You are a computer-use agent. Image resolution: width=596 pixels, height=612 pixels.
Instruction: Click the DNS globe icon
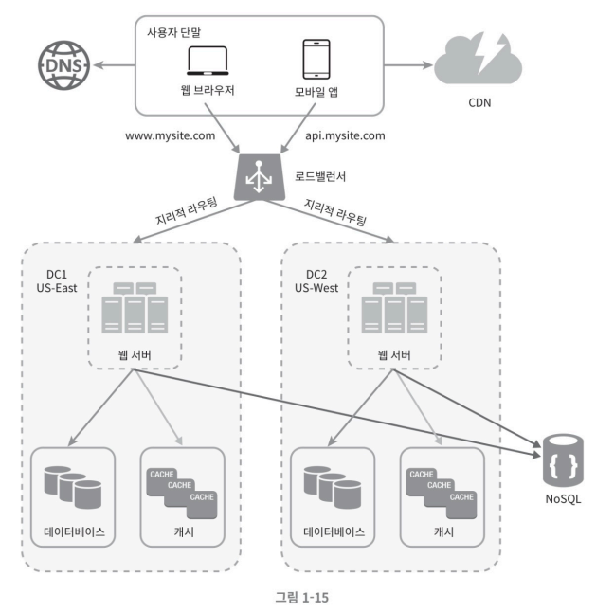(63, 65)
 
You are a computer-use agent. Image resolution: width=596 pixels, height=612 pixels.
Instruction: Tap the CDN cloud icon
(479, 60)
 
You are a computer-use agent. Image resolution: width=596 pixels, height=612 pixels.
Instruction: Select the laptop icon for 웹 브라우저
(208, 61)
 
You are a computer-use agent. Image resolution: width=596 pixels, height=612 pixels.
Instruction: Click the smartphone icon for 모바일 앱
(316, 59)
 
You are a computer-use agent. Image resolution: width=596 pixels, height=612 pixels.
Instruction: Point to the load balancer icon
(260, 177)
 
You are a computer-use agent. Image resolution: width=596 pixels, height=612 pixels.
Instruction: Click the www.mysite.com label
(171, 135)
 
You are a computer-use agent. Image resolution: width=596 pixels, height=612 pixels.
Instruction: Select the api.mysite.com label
(345, 135)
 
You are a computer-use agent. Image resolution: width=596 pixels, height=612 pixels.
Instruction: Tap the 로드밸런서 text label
(320, 176)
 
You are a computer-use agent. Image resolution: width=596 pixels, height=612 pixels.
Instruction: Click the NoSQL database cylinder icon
(563, 461)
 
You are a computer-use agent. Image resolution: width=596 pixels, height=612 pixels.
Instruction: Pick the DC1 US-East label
(57, 281)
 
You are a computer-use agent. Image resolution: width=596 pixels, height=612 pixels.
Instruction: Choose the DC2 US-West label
(316, 281)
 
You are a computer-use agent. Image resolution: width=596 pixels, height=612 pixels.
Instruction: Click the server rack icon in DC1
(135, 308)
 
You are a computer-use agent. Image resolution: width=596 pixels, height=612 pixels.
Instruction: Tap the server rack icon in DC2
(394, 308)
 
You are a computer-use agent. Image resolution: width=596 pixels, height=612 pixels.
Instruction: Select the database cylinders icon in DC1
(73, 487)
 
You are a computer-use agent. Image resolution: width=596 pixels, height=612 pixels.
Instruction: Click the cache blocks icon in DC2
(442, 494)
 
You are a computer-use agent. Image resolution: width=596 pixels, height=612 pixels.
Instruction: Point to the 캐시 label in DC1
(184, 532)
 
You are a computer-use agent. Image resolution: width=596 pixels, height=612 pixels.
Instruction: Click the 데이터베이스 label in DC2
(334, 532)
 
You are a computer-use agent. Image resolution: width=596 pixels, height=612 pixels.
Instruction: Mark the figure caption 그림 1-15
(302, 597)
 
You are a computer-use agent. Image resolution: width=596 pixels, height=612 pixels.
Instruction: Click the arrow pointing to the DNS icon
(114, 65)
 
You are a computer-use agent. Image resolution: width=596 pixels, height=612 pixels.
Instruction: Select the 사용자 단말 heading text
(174, 32)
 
